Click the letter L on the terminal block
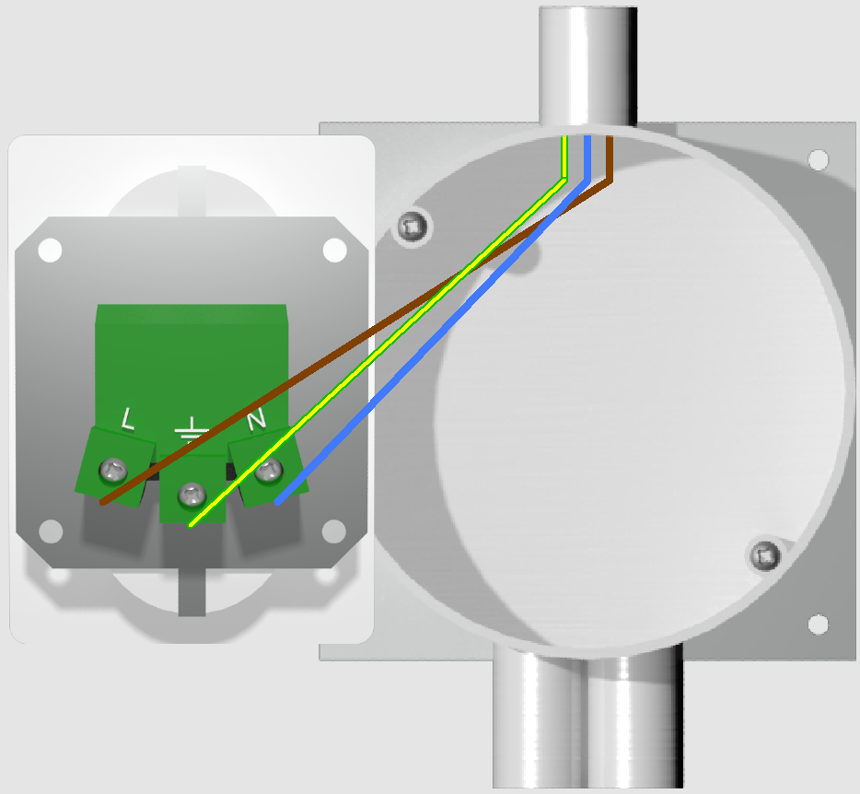click(127, 419)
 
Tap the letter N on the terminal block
click(256, 419)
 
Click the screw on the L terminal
click(113, 471)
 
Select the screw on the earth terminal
click(192, 495)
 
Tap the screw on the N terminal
click(269, 471)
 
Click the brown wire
click(356, 341)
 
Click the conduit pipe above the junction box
click(587, 65)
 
